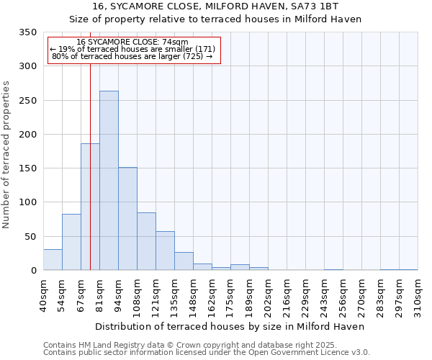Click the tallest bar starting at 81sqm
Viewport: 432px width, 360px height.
109,181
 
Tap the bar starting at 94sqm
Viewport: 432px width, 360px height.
127,219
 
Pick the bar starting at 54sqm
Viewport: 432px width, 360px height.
71,242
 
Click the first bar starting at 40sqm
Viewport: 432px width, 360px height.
53,260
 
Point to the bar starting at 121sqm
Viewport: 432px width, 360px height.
165,251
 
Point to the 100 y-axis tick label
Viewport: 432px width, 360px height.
27,202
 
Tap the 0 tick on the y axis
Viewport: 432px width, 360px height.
33,271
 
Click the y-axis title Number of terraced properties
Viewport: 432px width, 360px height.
6,154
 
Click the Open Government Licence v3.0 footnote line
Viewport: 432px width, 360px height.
207,353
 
